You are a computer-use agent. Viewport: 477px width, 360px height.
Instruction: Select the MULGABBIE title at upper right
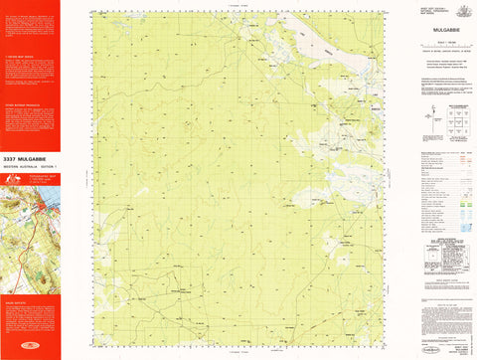point(438,31)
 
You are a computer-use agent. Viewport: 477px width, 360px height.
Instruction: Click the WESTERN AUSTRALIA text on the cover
point(20,165)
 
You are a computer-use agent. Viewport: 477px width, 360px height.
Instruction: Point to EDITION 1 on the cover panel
point(48,165)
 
